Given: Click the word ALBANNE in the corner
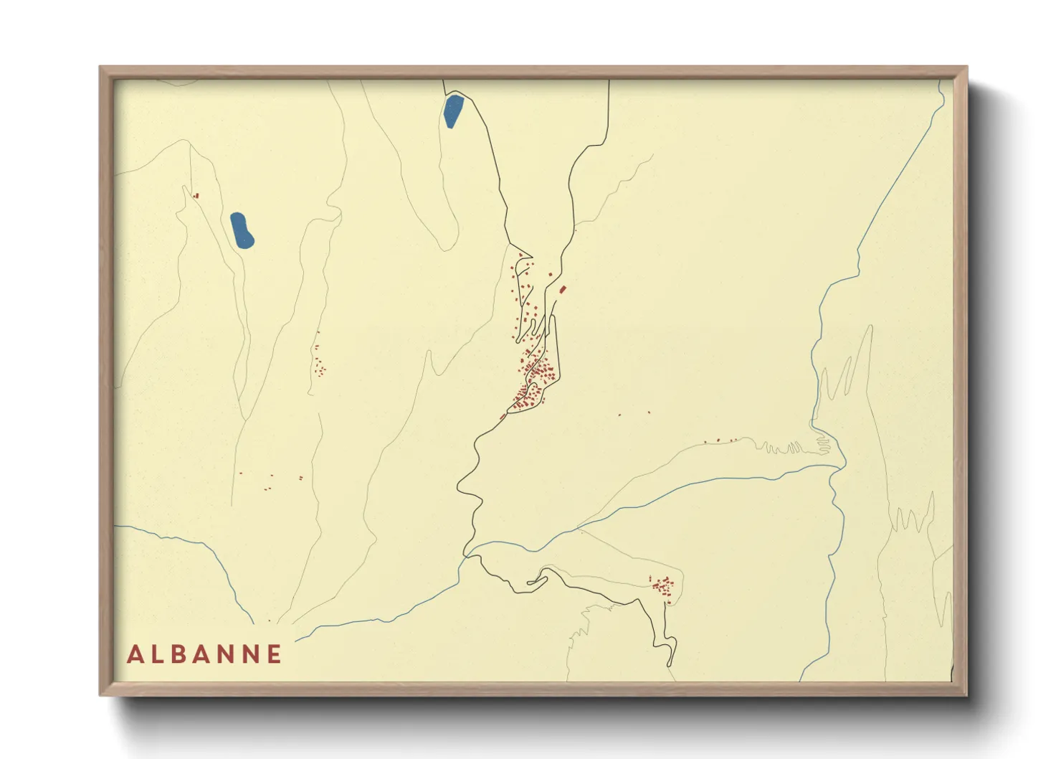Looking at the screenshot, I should tap(204, 654).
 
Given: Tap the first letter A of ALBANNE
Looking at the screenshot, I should tap(134, 654).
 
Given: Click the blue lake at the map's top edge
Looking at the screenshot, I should tap(452, 111).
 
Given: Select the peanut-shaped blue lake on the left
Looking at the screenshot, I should tap(242, 230).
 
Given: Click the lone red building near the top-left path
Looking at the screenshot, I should tap(196, 195).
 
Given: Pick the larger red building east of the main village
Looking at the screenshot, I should tap(563, 290).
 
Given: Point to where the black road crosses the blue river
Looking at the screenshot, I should tap(466, 554).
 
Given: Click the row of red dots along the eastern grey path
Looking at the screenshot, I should tap(720, 440).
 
